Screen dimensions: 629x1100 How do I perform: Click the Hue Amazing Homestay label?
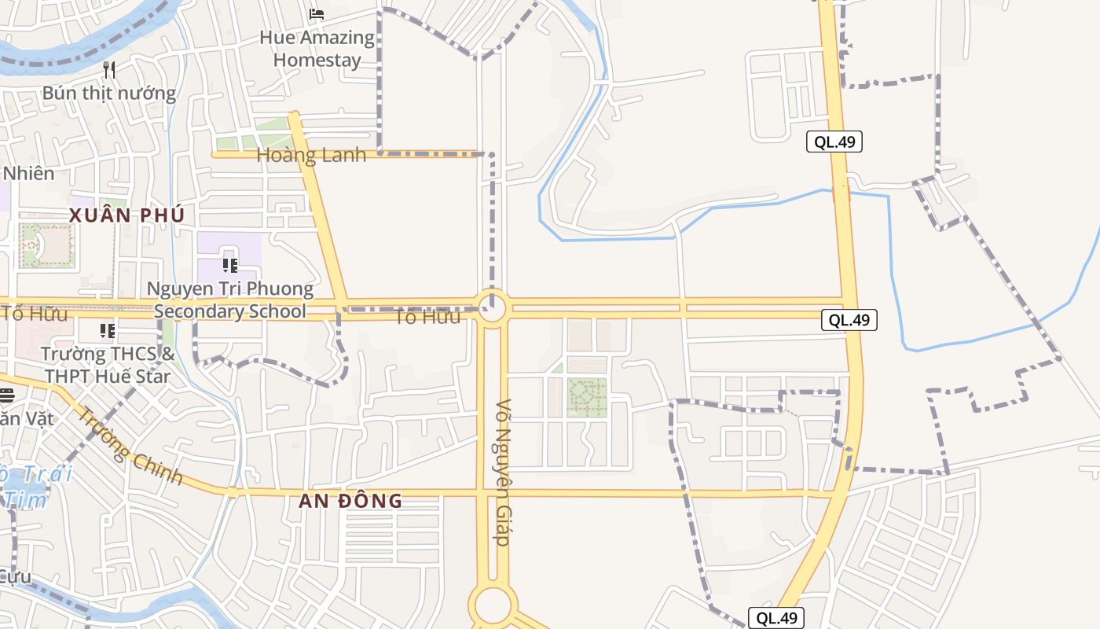(x=317, y=49)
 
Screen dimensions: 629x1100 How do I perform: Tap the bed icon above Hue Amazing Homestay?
(x=317, y=13)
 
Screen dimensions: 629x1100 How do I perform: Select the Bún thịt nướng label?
(x=109, y=93)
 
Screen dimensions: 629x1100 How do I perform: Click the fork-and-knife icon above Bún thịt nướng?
(x=109, y=70)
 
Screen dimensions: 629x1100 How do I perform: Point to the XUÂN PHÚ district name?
(x=126, y=215)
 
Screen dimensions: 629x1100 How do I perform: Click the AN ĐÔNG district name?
(x=351, y=501)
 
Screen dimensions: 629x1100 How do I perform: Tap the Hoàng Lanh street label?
(x=312, y=155)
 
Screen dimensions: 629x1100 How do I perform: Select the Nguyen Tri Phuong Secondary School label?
(x=230, y=300)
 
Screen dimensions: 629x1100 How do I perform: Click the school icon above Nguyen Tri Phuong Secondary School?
(x=229, y=266)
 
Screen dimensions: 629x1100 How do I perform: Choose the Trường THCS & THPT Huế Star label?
(x=108, y=365)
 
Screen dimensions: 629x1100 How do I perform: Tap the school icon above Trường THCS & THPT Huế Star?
(x=108, y=331)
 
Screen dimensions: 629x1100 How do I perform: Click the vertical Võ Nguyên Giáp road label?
(x=503, y=472)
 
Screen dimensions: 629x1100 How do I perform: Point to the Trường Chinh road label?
(x=130, y=446)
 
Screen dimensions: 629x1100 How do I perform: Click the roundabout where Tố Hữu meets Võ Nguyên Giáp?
(x=493, y=307)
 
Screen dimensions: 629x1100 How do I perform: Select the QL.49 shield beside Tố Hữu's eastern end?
(x=849, y=320)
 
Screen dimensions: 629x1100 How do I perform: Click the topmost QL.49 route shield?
(x=834, y=142)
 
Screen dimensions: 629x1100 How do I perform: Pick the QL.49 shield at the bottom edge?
(x=775, y=618)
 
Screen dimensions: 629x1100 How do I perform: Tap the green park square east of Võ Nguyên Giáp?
(x=587, y=397)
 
